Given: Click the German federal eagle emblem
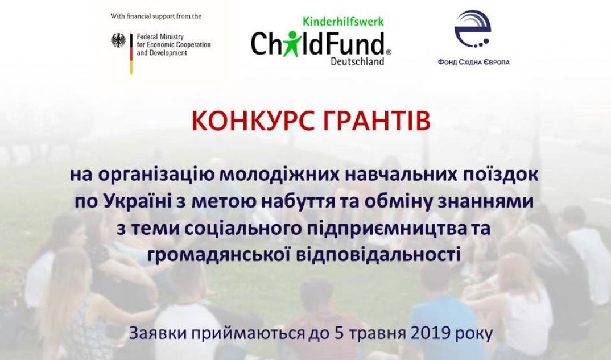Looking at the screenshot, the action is (118, 40).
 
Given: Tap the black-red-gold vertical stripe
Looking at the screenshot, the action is (131, 53).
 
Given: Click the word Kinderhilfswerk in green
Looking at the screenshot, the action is (343, 21).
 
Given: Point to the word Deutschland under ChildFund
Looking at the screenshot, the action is (357, 61).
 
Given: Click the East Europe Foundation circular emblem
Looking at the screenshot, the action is (474, 30).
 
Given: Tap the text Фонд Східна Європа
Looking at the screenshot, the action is (474, 63).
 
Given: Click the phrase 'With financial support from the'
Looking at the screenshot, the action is (156, 16).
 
